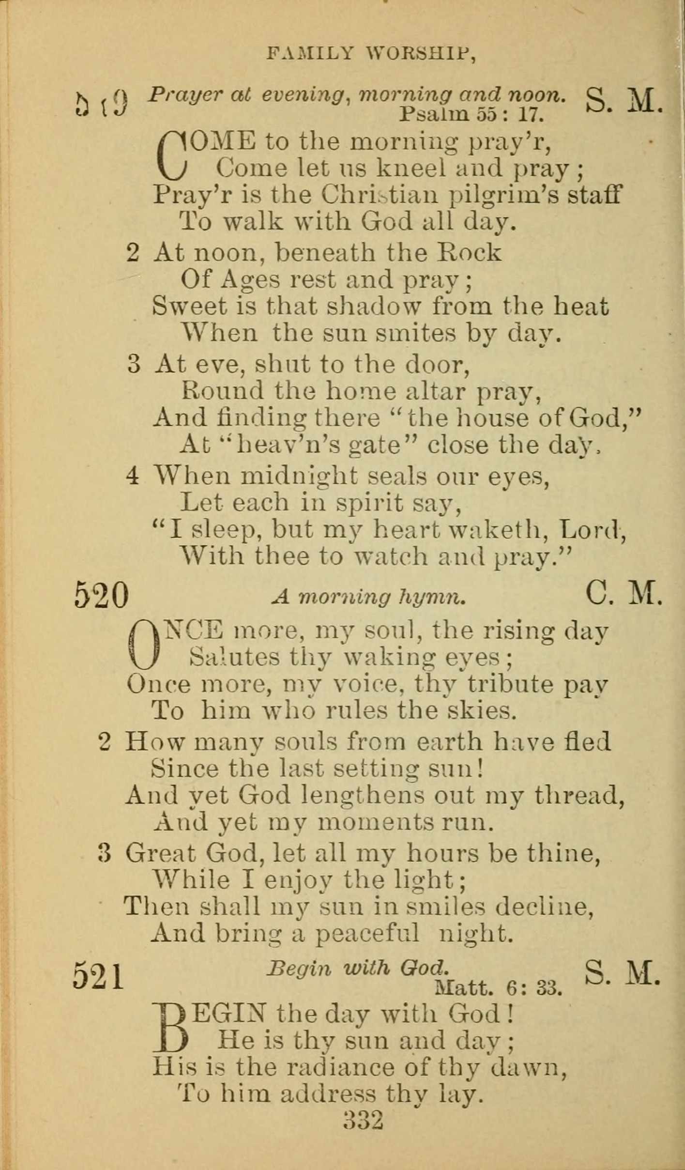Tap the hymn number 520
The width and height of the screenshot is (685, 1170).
(x=102, y=596)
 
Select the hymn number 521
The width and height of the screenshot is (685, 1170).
(x=99, y=975)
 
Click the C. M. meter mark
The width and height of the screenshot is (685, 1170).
(x=623, y=594)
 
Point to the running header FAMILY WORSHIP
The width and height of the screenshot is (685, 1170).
(x=371, y=53)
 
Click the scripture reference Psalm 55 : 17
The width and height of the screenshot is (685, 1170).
(x=472, y=114)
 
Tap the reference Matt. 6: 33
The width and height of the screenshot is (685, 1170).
(x=498, y=988)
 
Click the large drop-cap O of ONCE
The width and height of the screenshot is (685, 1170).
(x=144, y=644)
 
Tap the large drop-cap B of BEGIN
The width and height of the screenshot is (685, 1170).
(x=170, y=1028)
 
